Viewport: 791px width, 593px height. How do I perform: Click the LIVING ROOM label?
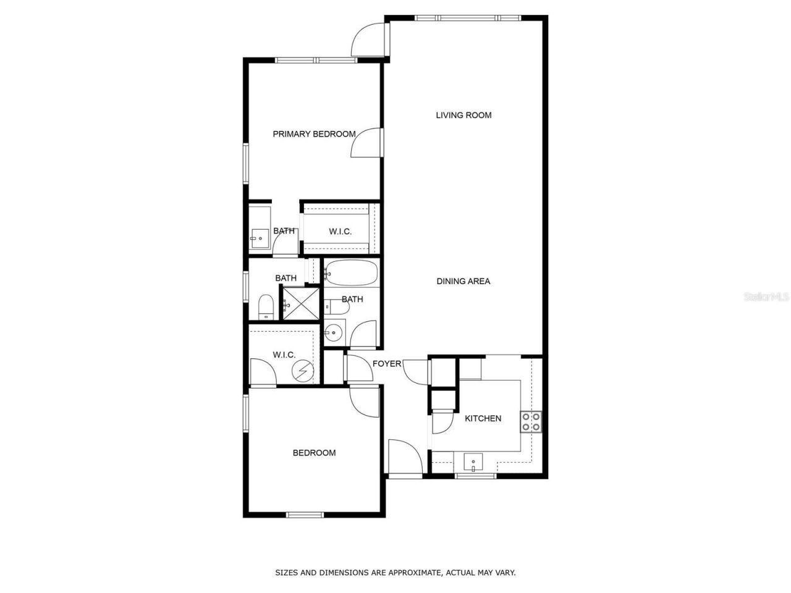463,115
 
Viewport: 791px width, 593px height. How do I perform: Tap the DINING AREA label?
463,281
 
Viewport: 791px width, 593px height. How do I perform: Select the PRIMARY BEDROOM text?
314,134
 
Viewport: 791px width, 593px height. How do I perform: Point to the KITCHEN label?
483,418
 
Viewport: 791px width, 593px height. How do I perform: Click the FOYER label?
387,364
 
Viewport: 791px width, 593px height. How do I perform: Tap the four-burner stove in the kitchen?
531,421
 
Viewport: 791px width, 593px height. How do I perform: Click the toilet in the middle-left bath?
266,306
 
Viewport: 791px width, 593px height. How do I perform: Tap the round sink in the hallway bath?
334,333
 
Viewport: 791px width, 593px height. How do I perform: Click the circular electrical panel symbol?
304,370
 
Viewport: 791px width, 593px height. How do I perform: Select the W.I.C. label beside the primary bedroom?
340,232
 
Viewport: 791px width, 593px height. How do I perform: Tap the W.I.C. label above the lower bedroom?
284,355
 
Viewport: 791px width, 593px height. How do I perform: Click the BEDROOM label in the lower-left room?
314,453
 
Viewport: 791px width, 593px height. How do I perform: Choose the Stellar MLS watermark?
766,297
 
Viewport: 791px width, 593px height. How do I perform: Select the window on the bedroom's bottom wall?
305,514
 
